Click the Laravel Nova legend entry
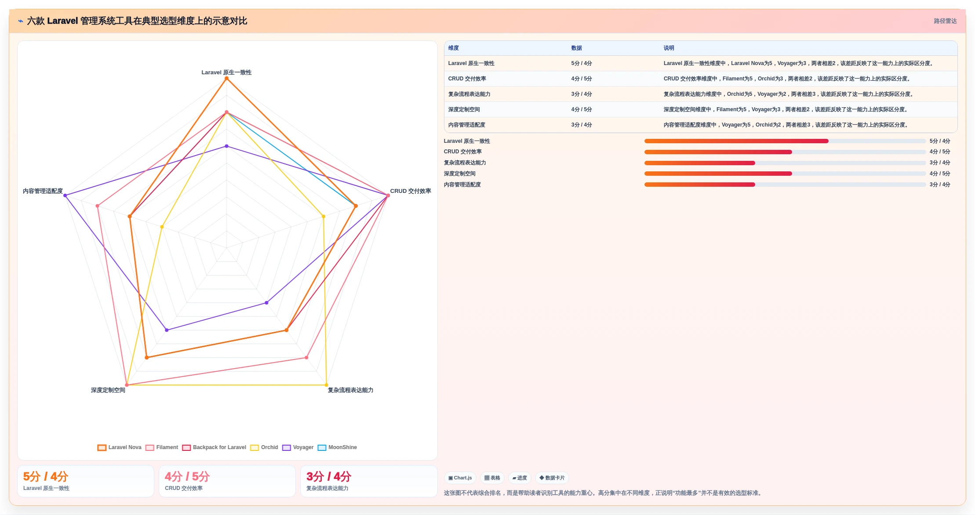pyautogui.click(x=120, y=447)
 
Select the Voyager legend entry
pyautogui.click(x=298, y=447)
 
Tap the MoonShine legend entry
pyautogui.click(x=337, y=447)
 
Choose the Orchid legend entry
pyautogui.click(x=264, y=447)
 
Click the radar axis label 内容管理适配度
pyautogui.click(x=43, y=191)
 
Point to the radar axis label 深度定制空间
pyautogui.click(x=108, y=390)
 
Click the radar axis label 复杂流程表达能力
pyautogui.click(x=350, y=390)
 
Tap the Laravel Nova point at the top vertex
pyautogui.click(x=226, y=79)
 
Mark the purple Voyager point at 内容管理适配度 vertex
pyautogui.click(x=65, y=196)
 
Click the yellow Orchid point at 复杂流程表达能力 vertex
pyautogui.click(x=326, y=385)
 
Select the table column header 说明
pyautogui.click(x=669, y=48)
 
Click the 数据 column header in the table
pyautogui.click(x=576, y=48)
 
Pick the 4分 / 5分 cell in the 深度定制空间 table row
pyautogui.click(x=582, y=109)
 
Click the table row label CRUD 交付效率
pyautogui.click(x=467, y=79)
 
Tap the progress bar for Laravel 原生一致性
pyautogui.click(x=785, y=141)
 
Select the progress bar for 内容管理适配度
pyautogui.click(x=785, y=185)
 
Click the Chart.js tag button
pyautogui.click(x=460, y=478)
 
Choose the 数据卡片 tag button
pyautogui.click(x=552, y=478)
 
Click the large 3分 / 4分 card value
pyautogui.click(x=329, y=476)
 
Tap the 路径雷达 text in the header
pyautogui.click(x=945, y=21)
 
